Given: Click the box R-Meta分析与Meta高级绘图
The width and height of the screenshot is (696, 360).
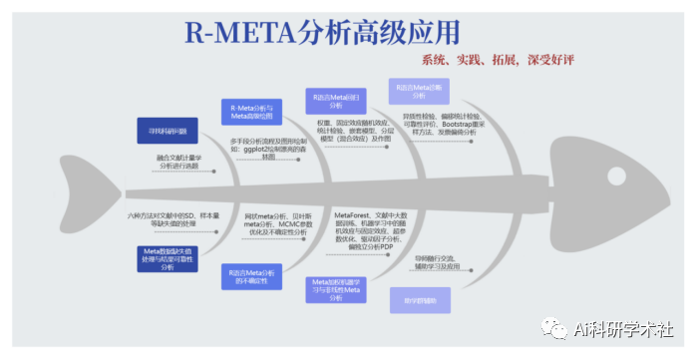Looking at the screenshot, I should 250,110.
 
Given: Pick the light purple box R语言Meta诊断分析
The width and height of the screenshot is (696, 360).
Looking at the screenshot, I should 418,91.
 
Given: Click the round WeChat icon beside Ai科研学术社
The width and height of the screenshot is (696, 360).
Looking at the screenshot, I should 555,328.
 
